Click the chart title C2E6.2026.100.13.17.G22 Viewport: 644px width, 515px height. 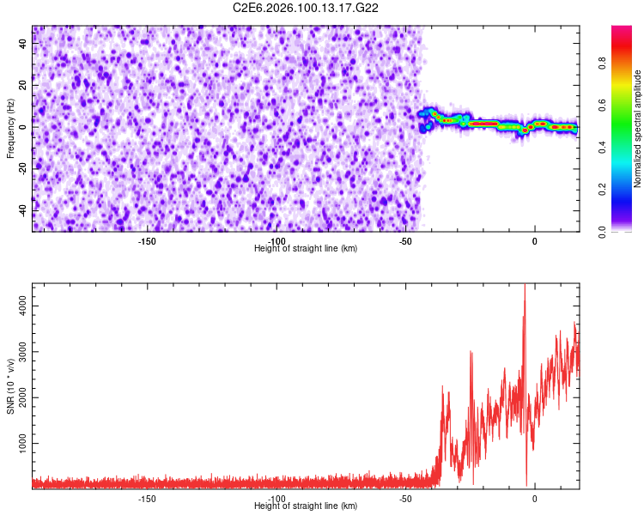[x=307, y=8]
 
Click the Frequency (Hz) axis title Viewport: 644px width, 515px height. [x=10, y=128]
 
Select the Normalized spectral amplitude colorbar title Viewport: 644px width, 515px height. [x=638, y=128]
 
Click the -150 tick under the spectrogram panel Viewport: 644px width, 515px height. [x=147, y=241]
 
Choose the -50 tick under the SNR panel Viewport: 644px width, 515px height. [x=405, y=499]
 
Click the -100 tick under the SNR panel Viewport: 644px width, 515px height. [x=276, y=499]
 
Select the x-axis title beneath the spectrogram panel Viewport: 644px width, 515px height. [x=306, y=249]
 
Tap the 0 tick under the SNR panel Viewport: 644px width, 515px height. [x=535, y=499]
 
